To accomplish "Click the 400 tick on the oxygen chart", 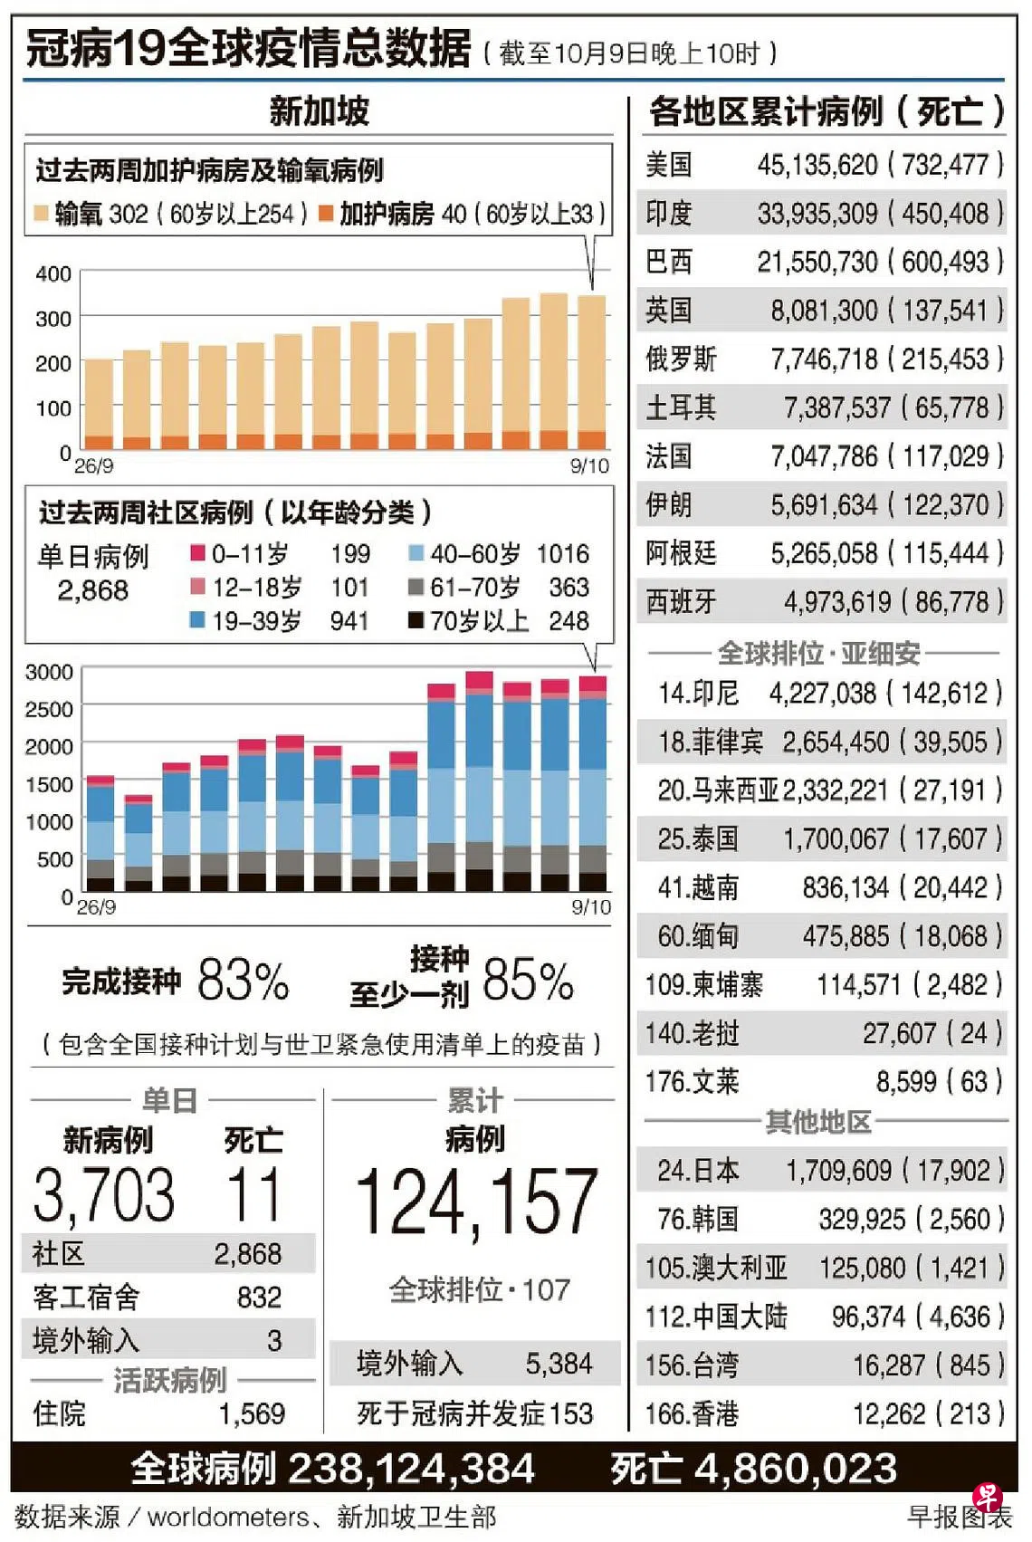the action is pos(53,274).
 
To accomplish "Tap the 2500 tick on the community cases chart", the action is pos(48,709).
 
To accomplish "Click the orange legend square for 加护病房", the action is pos(326,213).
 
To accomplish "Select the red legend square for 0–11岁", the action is pos(197,552).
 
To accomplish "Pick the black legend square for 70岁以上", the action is pos(416,620).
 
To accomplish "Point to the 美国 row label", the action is pos(668,165).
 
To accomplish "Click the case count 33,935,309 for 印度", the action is pos(817,214).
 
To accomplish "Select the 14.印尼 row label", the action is pos(698,694).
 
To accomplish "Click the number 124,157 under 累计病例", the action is pos(476,1202).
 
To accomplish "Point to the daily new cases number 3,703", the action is pos(104,1195).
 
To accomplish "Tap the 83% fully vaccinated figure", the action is pos(243,980).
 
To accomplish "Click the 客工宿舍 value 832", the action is pos(260,1298).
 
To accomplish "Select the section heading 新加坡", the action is pos(320,110).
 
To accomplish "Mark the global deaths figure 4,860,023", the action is pos(795,1469).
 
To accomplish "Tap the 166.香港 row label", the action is pos(692,1414).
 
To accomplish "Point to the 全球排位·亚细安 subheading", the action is pos(819,653).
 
